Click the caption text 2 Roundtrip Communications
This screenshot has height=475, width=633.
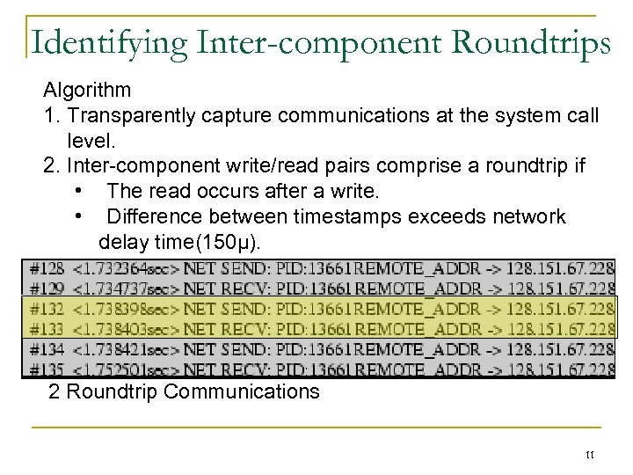pos(184,391)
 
